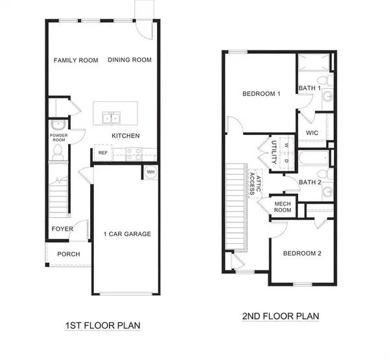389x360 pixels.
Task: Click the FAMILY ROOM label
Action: [x=76, y=60]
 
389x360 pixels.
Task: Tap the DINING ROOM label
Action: [x=130, y=60]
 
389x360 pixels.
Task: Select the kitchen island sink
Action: [x=110, y=117]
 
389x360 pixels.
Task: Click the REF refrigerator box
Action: [x=102, y=153]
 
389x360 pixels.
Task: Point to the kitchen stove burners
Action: [x=134, y=154]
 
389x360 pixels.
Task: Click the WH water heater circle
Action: [x=150, y=172]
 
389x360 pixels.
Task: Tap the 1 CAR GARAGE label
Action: [x=128, y=234]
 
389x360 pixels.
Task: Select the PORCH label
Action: [x=69, y=254]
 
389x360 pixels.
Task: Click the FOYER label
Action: [x=63, y=229]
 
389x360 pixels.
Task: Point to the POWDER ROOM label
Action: [x=59, y=137]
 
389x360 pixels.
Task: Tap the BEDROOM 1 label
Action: [x=261, y=93]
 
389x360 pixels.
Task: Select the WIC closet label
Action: [x=312, y=132]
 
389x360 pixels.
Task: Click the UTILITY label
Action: [x=274, y=151]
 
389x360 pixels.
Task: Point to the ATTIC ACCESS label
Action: [x=256, y=186]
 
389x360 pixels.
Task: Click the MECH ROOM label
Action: [x=282, y=207]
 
